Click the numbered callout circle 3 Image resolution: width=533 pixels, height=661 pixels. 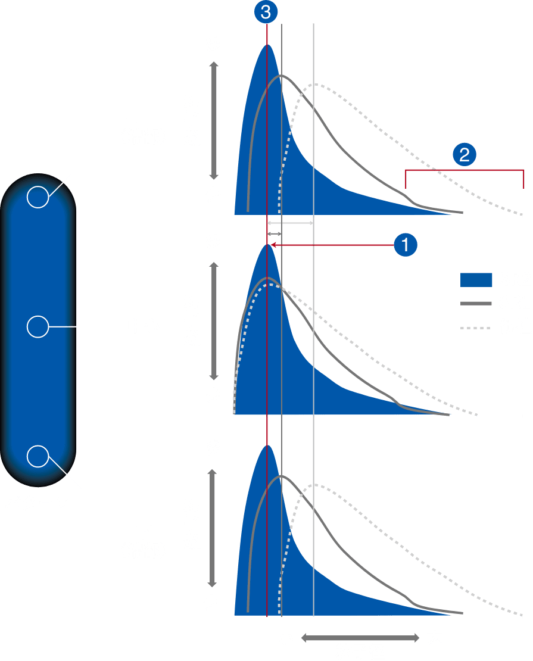[267, 11]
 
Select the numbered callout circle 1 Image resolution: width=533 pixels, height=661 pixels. [406, 244]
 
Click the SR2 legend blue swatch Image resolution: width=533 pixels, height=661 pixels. [476, 280]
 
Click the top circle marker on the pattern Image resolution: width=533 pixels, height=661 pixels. [38, 197]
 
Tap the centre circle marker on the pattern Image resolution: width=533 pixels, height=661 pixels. [38, 327]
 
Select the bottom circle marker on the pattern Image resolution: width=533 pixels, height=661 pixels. [38, 456]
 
